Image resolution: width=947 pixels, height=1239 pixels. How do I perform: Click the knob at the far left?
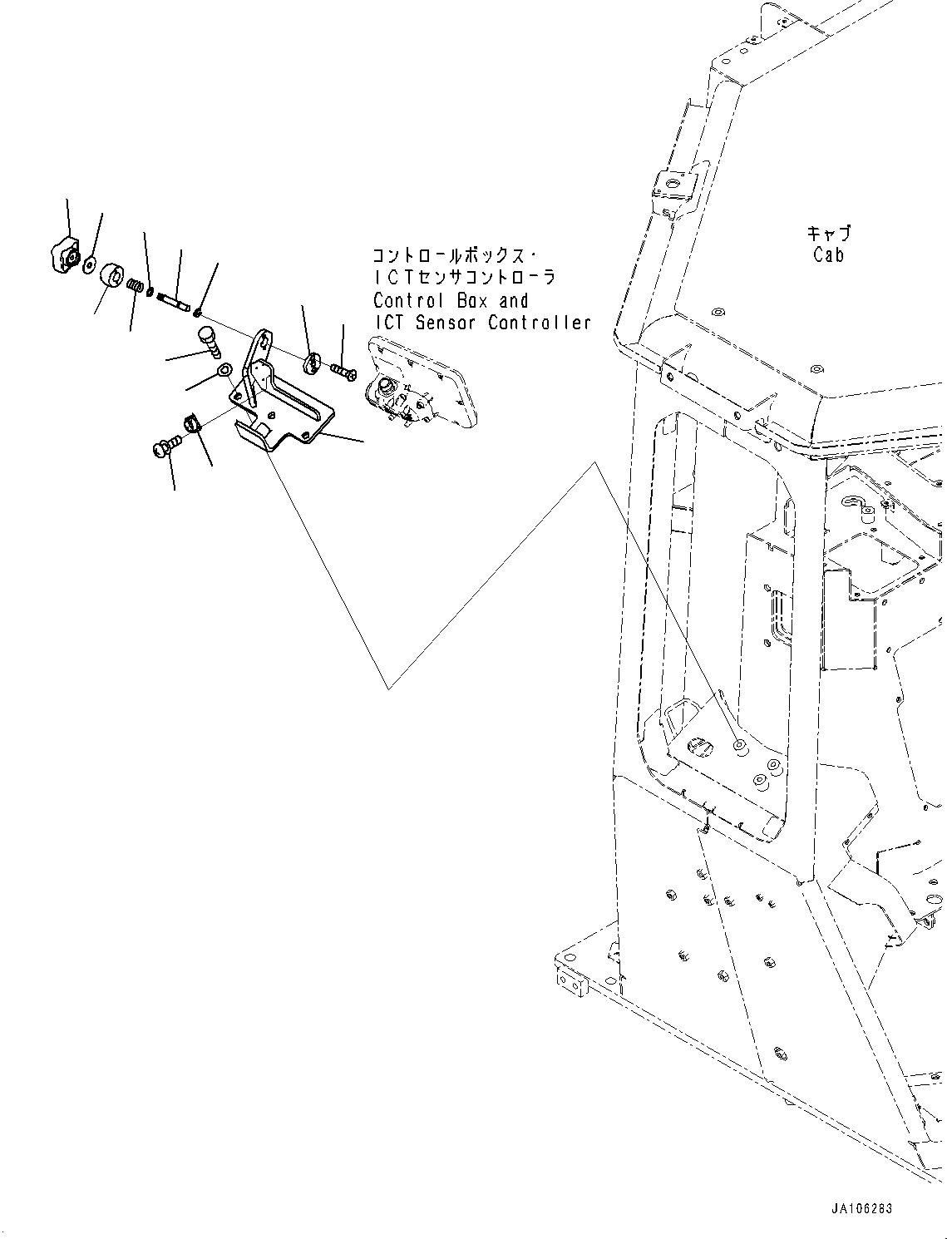pos(62,254)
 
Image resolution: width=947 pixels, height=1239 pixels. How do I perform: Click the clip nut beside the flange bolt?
pos(193,424)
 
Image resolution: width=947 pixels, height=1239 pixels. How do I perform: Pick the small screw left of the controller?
pos(343,370)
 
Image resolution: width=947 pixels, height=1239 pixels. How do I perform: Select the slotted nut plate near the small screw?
pos(311,363)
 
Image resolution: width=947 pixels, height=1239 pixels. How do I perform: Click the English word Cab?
pos(828,255)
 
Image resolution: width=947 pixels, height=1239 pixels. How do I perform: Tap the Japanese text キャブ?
pos(829,234)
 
